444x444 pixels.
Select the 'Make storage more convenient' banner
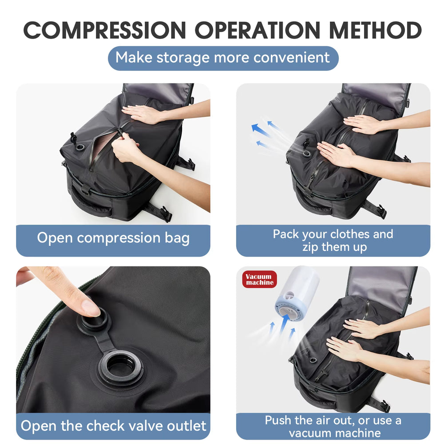pyautogui.click(x=223, y=58)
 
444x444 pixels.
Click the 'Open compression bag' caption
pyautogui.click(x=113, y=238)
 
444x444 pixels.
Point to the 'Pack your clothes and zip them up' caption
pyautogui.click(x=333, y=240)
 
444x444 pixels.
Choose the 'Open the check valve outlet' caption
pyautogui.click(x=113, y=426)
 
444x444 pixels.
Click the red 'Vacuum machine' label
pyautogui.click(x=260, y=279)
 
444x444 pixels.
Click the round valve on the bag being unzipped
pyautogui.click(x=81, y=147)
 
